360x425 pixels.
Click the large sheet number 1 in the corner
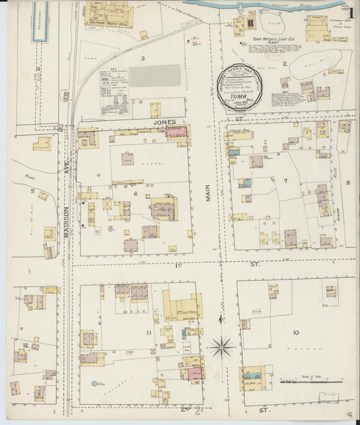(x=351, y=13)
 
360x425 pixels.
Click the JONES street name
(x=164, y=122)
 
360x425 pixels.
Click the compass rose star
(x=221, y=348)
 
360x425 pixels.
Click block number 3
(x=142, y=59)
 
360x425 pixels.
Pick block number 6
(x=135, y=194)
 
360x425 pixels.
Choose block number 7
(x=285, y=180)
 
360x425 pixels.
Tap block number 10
(x=295, y=332)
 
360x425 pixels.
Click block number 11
(x=148, y=332)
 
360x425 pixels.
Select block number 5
(x=32, y=191)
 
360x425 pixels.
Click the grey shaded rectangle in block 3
(x=155, y=76)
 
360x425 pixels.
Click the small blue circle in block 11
(x=94, y=383)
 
